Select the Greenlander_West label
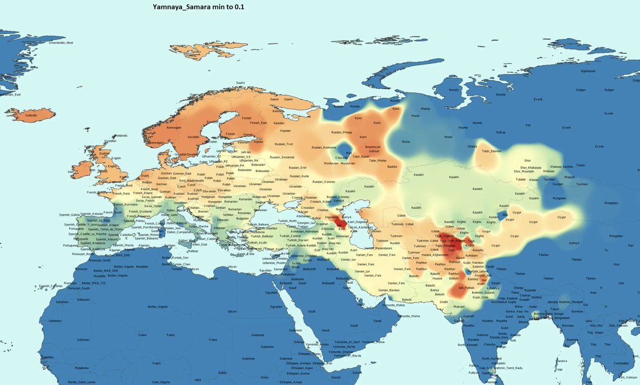[x=61, y=42]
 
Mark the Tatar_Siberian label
[x=492, y=151]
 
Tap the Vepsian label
[x=285, y=130]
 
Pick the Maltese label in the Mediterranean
[x=193, y=250]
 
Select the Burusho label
[x=477, y=249]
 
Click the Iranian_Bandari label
[x=391, y=290]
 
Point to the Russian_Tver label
[x=284, y=144]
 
